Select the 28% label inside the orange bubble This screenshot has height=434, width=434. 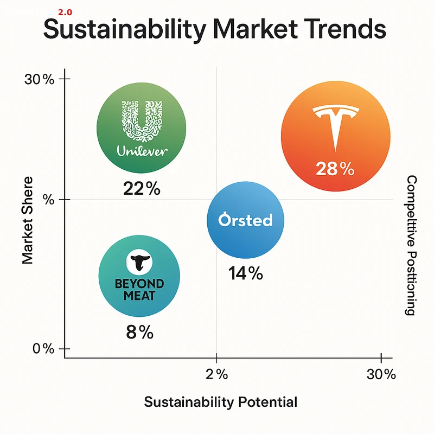pos(335,169)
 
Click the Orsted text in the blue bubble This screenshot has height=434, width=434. pos(245,220)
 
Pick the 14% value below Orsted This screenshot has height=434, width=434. pos(245,273)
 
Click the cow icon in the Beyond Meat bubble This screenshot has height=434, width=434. pos(139,263)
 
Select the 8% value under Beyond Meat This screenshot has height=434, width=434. pos(139,331)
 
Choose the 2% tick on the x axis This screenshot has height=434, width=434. pos(216,374)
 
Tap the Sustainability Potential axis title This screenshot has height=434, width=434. pos(220,403)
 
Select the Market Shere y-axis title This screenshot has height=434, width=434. pos(29,220)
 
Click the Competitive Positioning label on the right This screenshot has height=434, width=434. pos(411,245)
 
